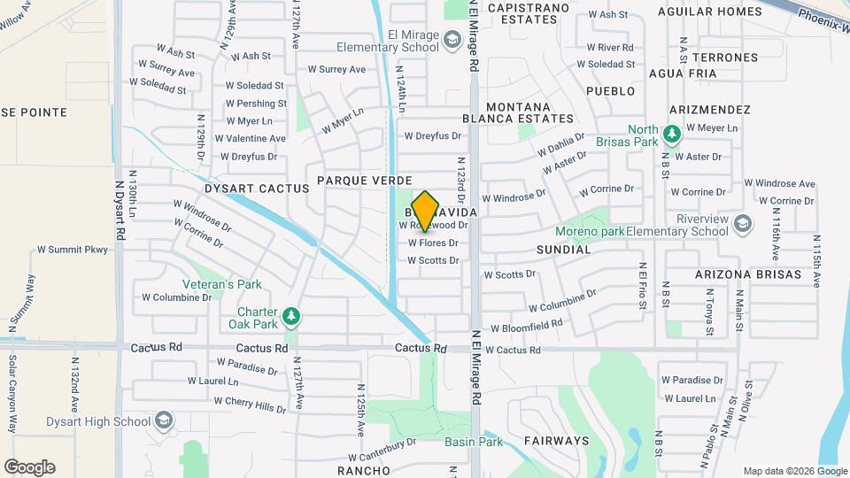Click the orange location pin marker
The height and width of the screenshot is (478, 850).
pyautogui.click(x=425, y=211)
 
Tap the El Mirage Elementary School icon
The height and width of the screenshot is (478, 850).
pyautogui.click(x=452, y=40)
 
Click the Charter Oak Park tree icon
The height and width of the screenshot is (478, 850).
pyautogui.click(x=290, y=316)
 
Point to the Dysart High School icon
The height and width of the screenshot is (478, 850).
pyautogui.click(x=163, y=420)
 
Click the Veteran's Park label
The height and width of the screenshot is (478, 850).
pyautogui.click(x=222, y=285)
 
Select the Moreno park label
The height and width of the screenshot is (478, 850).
pyautogui.click(x=590, y=232)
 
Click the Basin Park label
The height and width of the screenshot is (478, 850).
pyautogui.click(x=486, y=441)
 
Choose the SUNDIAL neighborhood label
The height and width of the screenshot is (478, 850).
pyautogui.click(x=563, y=251)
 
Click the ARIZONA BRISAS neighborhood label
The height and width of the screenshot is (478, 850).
pyautogui.click(x=747, y=274)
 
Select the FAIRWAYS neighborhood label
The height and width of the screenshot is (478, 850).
pyautogui.click(x=556, y=441)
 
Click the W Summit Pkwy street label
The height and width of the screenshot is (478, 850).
pyautogui.click(x=73, y=250)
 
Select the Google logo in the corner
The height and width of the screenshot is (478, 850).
pyautogui.click(x=29, y=466)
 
